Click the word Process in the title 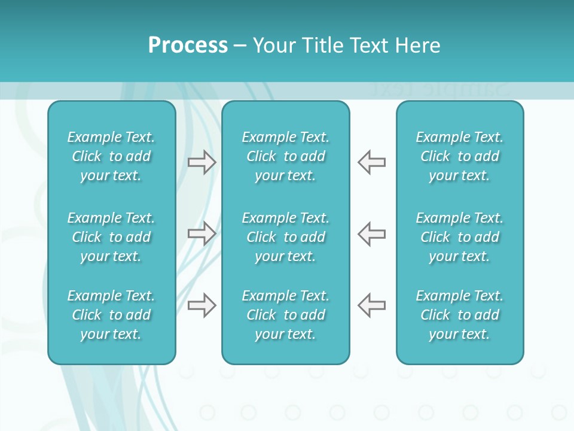click(188, 45)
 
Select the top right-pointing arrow click(201, 162)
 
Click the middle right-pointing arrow click(201, 233)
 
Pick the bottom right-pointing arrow click(201, 305)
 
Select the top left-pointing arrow click(372, 162)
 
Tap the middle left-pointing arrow click(372, 233)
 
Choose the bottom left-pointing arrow click(372, 305)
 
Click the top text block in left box click(111, 156)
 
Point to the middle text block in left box click(111, 237)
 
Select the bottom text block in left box click(111, 315)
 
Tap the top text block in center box click(285, 156)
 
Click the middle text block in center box click(285, 237)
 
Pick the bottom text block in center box click(285, 315)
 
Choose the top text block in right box click(459, 156)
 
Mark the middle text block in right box click(459, 237)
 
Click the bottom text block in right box click(459, 315)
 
